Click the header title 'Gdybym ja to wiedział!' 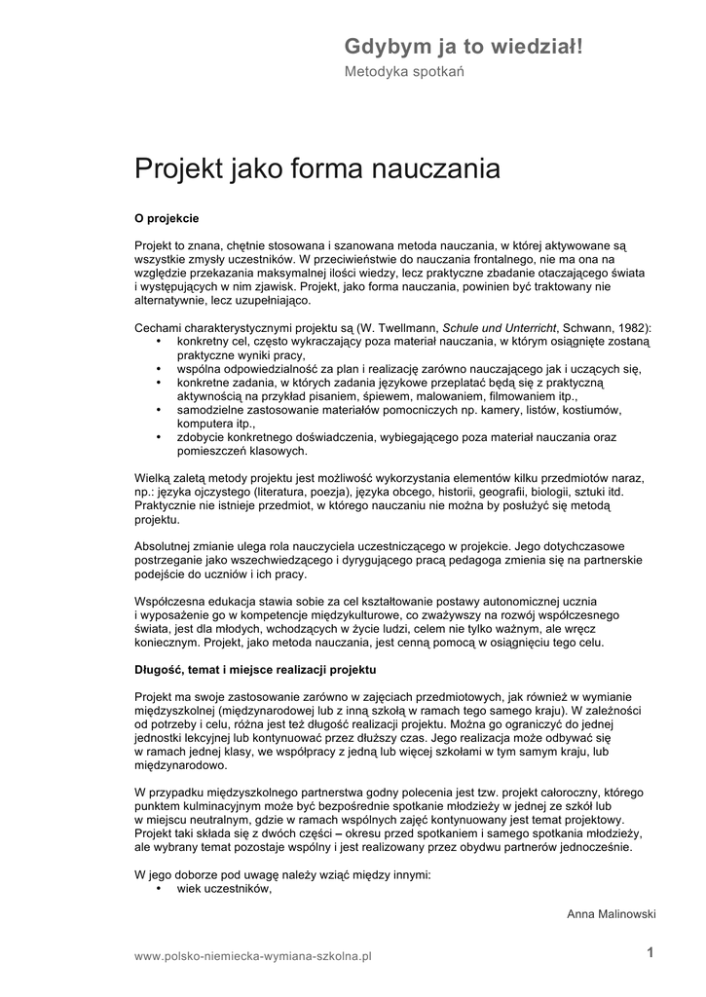(x=463, y=46)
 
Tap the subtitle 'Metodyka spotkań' (x=404, y=72)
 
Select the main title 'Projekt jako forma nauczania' (x=316, y=169)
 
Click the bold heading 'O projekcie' (x=167, y=218)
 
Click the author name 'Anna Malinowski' (x=611, y=914)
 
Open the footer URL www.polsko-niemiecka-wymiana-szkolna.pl (x=254, y=957)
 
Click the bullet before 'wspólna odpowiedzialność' (x=159, y=370)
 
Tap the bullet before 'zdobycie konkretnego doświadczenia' (x=159, y=438)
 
